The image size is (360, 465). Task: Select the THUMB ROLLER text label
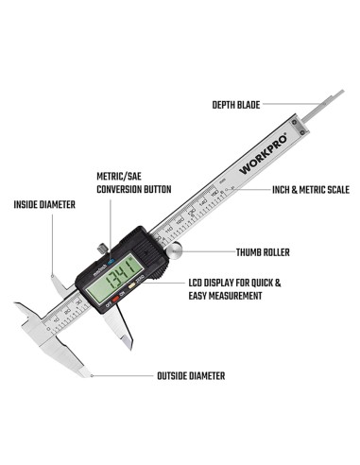click(x=262, y=252)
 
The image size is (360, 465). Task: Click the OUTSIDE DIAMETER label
click(x=190, y=375)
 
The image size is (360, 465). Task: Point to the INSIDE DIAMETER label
click(x=44, y=204)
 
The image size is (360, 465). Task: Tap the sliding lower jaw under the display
click(x=120, y=329)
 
